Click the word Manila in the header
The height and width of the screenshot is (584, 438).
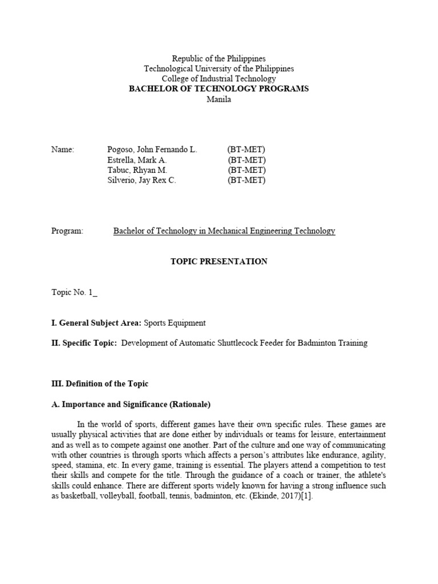(219, 99)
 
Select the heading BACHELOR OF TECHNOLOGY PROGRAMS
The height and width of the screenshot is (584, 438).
(219, 89)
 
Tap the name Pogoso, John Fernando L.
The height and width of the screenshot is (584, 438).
(152, 149)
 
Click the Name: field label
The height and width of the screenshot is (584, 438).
(63, 149)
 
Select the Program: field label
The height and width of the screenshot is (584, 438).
(67, 231)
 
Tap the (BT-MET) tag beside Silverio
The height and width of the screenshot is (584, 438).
(246, 181)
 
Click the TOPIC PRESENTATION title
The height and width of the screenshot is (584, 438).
(219, 261)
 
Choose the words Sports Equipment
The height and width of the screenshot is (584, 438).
(175, 323)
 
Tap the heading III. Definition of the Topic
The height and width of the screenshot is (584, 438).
(100, 384)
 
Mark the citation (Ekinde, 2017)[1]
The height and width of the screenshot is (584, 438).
(279, 496)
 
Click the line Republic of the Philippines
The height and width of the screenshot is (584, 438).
(219, 59)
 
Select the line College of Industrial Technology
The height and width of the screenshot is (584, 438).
(219, 79)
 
